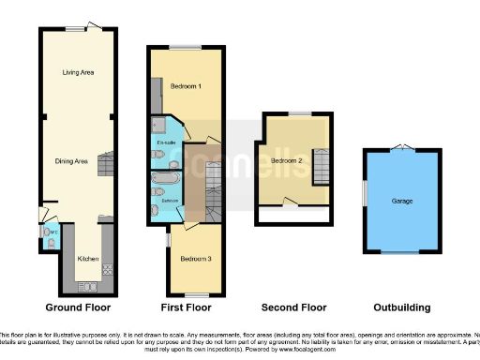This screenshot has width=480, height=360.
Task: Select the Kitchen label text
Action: click(x=88, y=258)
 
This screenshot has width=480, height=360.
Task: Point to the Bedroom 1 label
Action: click(x=187, y=86)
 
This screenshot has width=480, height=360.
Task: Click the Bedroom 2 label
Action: click(x=288, y=160)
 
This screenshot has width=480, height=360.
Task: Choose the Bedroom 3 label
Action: click(x=195, y=258)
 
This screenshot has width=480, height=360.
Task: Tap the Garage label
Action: click(x=402, y=201)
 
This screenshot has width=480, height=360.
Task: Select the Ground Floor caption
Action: click(x=78, y=307)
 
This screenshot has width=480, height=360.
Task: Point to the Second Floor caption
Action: click(x=293, y=307)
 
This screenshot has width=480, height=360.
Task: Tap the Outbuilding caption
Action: click(x=402, y=307)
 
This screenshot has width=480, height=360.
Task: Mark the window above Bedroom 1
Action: click(x=186, y=46)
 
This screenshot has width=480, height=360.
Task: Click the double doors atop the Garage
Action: click(x=402, y=146)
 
